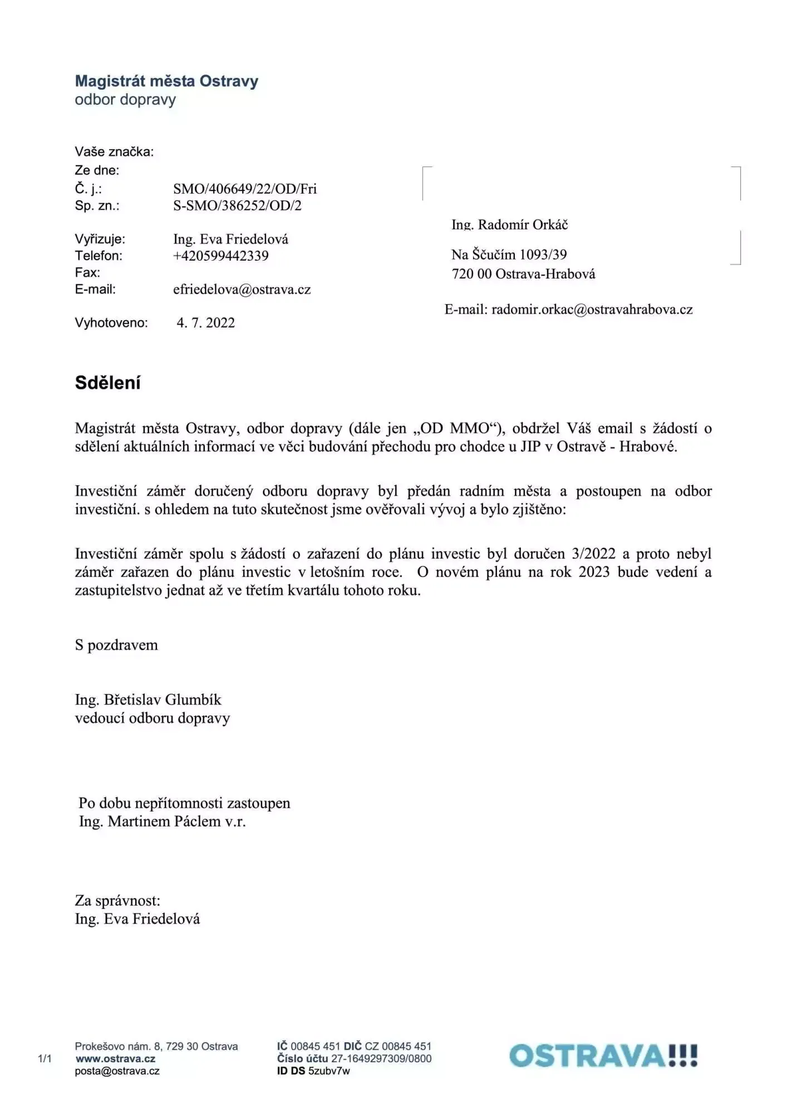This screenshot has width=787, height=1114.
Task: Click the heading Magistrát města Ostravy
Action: click(x=166, y=81)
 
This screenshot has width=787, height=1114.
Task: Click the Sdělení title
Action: click(x=108, y=383)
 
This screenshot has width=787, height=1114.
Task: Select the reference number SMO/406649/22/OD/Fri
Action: click(x=245, y=189)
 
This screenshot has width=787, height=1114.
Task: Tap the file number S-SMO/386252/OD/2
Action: click(x=237, y=206)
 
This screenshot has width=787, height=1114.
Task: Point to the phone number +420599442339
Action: click(x=221, y=256)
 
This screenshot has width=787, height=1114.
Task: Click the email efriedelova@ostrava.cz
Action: click(x=242, y=290)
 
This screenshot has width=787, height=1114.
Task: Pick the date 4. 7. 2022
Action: click(x=206, y=323)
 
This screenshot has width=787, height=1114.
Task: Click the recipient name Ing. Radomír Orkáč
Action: click(x=509, y=225)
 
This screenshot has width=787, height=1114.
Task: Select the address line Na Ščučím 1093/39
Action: click(x=509, y=255)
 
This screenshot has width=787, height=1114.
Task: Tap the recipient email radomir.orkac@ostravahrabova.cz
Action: click(x=592, y=310)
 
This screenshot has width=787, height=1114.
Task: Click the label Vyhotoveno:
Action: click(x=111, y=323)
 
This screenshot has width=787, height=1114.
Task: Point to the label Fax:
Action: click(x=87, y=272)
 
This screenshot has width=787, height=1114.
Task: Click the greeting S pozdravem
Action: click(x=116, y=645)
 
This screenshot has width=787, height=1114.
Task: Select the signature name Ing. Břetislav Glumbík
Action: click(x=148, y=700)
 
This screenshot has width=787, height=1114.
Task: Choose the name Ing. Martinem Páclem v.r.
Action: click(x=162, y=822)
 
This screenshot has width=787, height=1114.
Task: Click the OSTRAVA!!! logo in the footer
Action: click(x=603, y=1056)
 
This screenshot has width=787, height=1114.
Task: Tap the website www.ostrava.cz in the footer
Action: click(x=115, y=1059)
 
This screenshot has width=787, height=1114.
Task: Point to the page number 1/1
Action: click(x=45, y=1059)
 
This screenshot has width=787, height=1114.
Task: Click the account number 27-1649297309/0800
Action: click(x=381, y=1059)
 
